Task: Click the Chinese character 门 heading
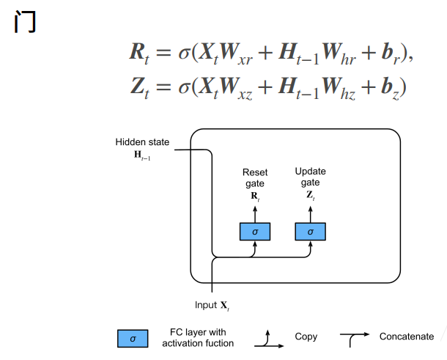25,21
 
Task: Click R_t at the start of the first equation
139,54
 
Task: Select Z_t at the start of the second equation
140,88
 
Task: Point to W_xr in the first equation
236,54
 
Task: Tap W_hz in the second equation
339,88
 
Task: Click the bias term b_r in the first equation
391,54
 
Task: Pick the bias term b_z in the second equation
390,88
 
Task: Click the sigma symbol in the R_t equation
184,54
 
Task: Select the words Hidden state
142,142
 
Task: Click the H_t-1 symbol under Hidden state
142,155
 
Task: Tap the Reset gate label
255,177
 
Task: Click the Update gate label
310,177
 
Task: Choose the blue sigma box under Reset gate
255,232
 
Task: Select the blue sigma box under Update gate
310,232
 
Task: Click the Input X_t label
212,306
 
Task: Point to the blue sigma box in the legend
133,339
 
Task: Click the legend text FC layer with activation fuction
198,338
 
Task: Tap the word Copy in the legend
306,337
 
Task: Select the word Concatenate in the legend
407,337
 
